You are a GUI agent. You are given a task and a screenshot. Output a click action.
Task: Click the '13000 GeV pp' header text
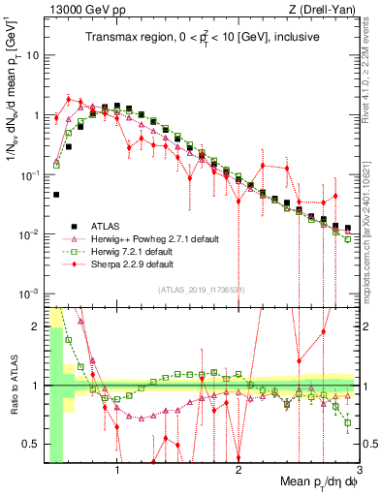pos(84,10)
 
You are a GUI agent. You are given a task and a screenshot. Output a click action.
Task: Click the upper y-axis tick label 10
pos(33,55)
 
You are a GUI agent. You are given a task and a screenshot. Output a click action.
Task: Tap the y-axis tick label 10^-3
pos(29,294)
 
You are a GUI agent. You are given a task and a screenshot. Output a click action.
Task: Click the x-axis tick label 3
pos(360,473)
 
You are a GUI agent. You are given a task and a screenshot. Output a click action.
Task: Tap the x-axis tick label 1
pos(117,473)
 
